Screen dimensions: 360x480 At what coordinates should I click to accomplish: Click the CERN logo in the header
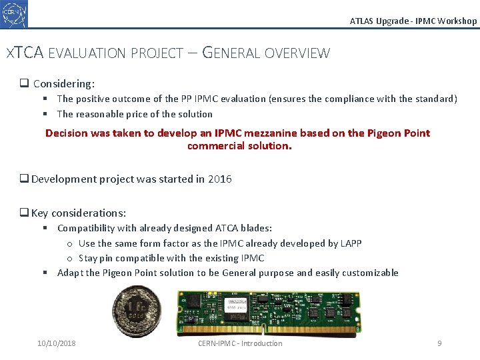click(14, 14)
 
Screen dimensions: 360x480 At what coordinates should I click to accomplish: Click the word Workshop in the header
click(457, 21)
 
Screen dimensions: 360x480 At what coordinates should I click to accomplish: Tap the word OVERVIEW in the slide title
click(297, 53)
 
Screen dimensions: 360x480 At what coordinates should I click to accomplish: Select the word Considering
click(63, 84)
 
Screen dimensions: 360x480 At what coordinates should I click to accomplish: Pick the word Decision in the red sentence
click(67, 133)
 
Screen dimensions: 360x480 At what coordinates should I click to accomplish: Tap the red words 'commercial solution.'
click(239, 145)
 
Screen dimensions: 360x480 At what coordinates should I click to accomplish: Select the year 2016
click(220, 179)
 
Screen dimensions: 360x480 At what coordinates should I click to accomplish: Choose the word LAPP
click(351, 243)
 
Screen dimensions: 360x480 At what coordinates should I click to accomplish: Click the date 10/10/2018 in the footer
click(57, 343)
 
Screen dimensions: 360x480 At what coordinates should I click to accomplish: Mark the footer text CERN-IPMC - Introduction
click(240, 343)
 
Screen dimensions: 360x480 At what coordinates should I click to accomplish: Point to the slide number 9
click(439, 343)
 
